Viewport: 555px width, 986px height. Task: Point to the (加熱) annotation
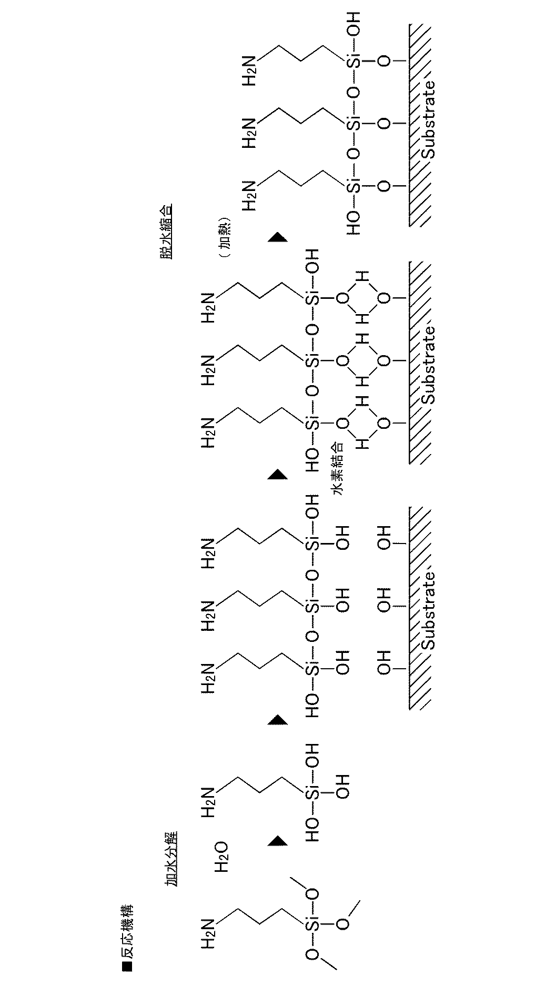(223, 235)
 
